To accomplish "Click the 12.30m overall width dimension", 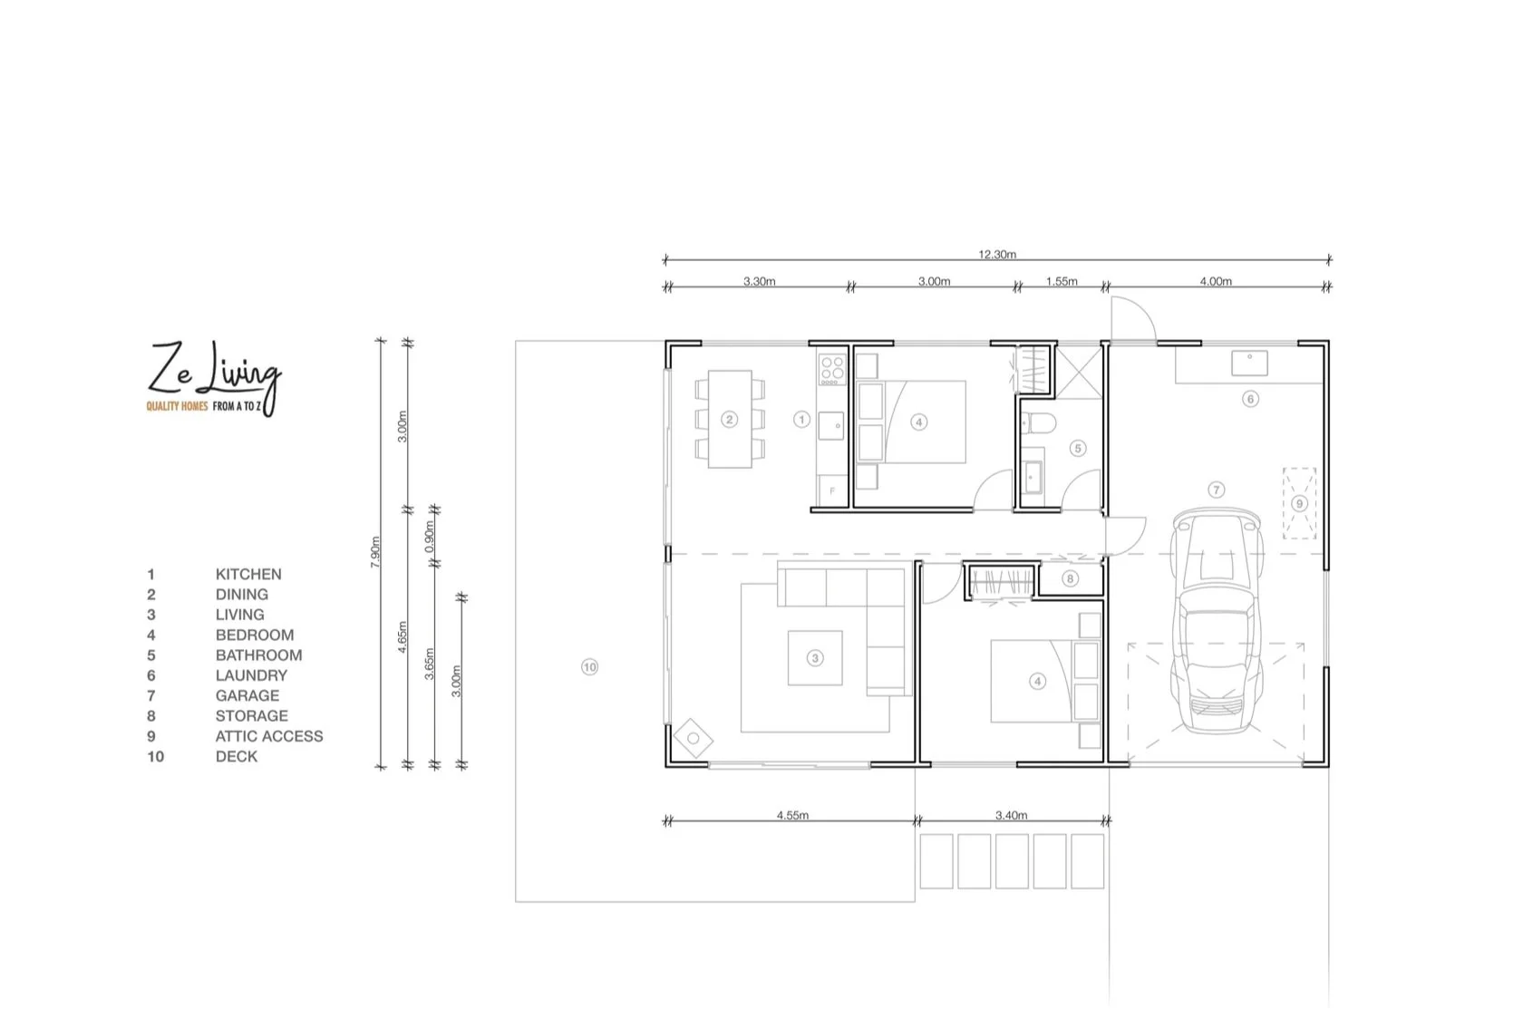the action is click(997, 255).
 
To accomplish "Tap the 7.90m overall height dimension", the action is click(375, 552).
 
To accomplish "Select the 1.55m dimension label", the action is click(1062, 281).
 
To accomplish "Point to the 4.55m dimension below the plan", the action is click(792, 815).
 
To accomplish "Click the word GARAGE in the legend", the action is click(247, 695).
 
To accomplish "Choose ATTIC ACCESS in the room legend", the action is click(269, 736).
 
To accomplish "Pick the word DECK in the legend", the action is click(237, 756).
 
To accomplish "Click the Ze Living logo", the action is click(213, 378).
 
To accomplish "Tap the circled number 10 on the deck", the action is click(589, 667).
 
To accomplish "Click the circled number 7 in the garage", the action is click(1216, 490).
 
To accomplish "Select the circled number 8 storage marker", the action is click(1070, 578).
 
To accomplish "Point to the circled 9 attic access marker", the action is click(1299, 504).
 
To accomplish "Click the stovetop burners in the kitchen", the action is click(832, 370).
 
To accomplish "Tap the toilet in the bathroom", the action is click(1039, 424).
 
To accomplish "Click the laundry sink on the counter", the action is click(1249, 363).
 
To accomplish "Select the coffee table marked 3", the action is click(815, 658).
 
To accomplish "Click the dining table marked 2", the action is click(730, 419).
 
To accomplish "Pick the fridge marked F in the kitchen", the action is click(832, 490).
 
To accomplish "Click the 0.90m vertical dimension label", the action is click(429, 537).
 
